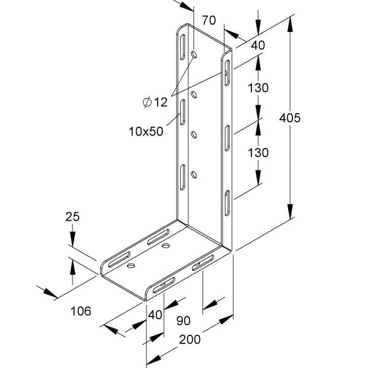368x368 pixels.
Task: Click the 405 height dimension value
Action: (x=289, y=118)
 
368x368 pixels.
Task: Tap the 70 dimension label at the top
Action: (x=209, y=20)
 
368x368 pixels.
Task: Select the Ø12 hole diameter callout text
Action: (x=155, y=102)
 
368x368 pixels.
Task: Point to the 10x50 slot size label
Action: (x=146, y=131)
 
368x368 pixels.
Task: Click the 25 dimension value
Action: (x=72, y=217)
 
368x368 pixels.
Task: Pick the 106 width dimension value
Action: (x=81, y=311)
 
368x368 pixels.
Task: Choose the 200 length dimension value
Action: (x=190, y=339)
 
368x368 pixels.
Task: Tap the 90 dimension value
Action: (x=183, y=321)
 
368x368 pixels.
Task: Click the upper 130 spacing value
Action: (x=258, y=88)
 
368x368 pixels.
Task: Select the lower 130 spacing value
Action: (x=258, y=153)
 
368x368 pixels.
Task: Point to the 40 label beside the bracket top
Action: (x=258, y=45)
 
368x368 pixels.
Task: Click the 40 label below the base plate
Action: (x=155, y=315)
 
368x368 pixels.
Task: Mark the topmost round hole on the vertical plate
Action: (x=194, y=55)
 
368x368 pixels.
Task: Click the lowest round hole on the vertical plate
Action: (x=194, y=175)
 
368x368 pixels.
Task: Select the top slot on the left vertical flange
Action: (x=182, y=47)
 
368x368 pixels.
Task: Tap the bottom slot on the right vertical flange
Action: (x=227, y=203)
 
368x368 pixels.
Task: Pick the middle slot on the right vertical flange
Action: (x=227, y=138)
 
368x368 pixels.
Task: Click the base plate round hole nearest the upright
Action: (x=166, y=246)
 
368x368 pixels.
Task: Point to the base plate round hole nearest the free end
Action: (x=131, y=266)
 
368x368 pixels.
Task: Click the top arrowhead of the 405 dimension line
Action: (x=290, y=25)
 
